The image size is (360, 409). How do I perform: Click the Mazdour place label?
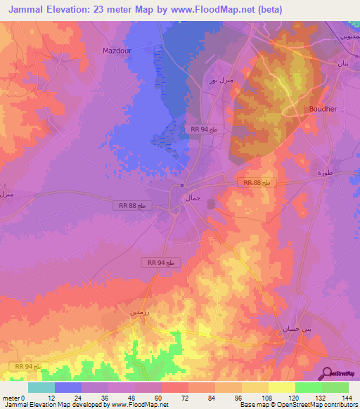click(117, 51)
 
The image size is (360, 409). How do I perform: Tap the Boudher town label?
click(323, 109)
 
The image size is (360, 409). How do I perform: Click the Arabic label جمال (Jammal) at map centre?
click(192, 198)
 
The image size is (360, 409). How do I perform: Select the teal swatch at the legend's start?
click(41, 387)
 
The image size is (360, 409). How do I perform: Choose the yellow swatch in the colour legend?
click(282, 387)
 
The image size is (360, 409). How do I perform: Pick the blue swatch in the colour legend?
click(68, 387)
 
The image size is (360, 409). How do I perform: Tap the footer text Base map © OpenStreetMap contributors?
click(297, 405)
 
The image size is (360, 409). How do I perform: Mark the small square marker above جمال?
click(182, 186)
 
